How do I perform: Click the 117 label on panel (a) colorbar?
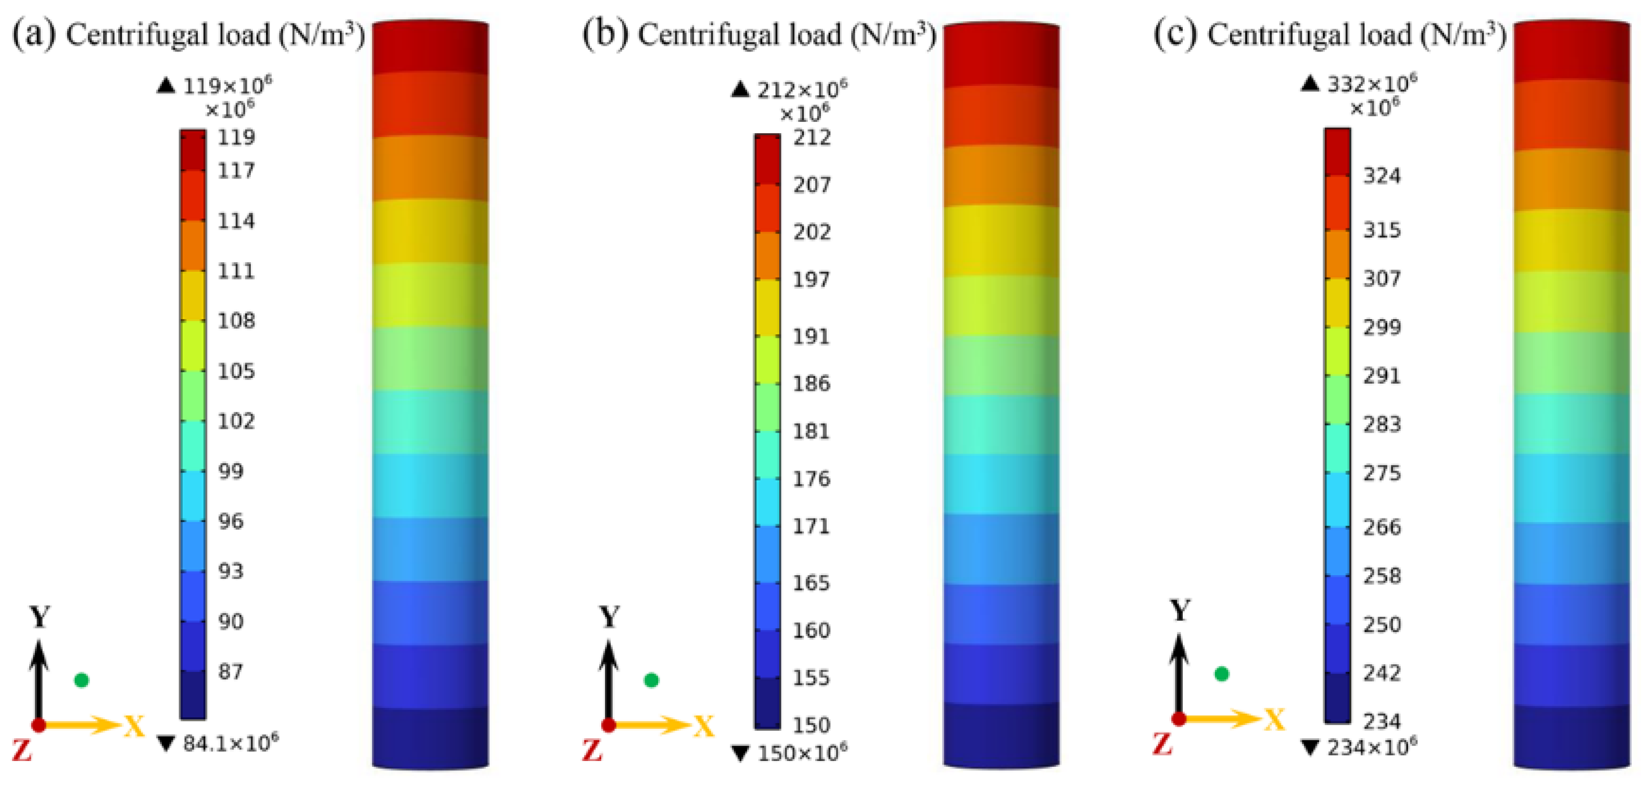tap(236, 171)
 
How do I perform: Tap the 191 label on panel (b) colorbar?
tap(811, 336)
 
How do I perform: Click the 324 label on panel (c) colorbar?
tap(1382, 175)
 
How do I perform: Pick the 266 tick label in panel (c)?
tap(1382, 527)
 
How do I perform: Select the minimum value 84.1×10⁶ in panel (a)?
tap(220, 743)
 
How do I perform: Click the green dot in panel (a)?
tap(81, 680)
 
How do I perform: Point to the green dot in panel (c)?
tap(1221, 674)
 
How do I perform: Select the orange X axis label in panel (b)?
tap(704, 726)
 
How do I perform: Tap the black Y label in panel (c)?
tap(1180, 611)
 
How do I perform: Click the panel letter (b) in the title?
tap(603, 34)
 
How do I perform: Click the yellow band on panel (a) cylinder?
tap(430, 232)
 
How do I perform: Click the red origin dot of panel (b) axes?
tap(609, 725)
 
